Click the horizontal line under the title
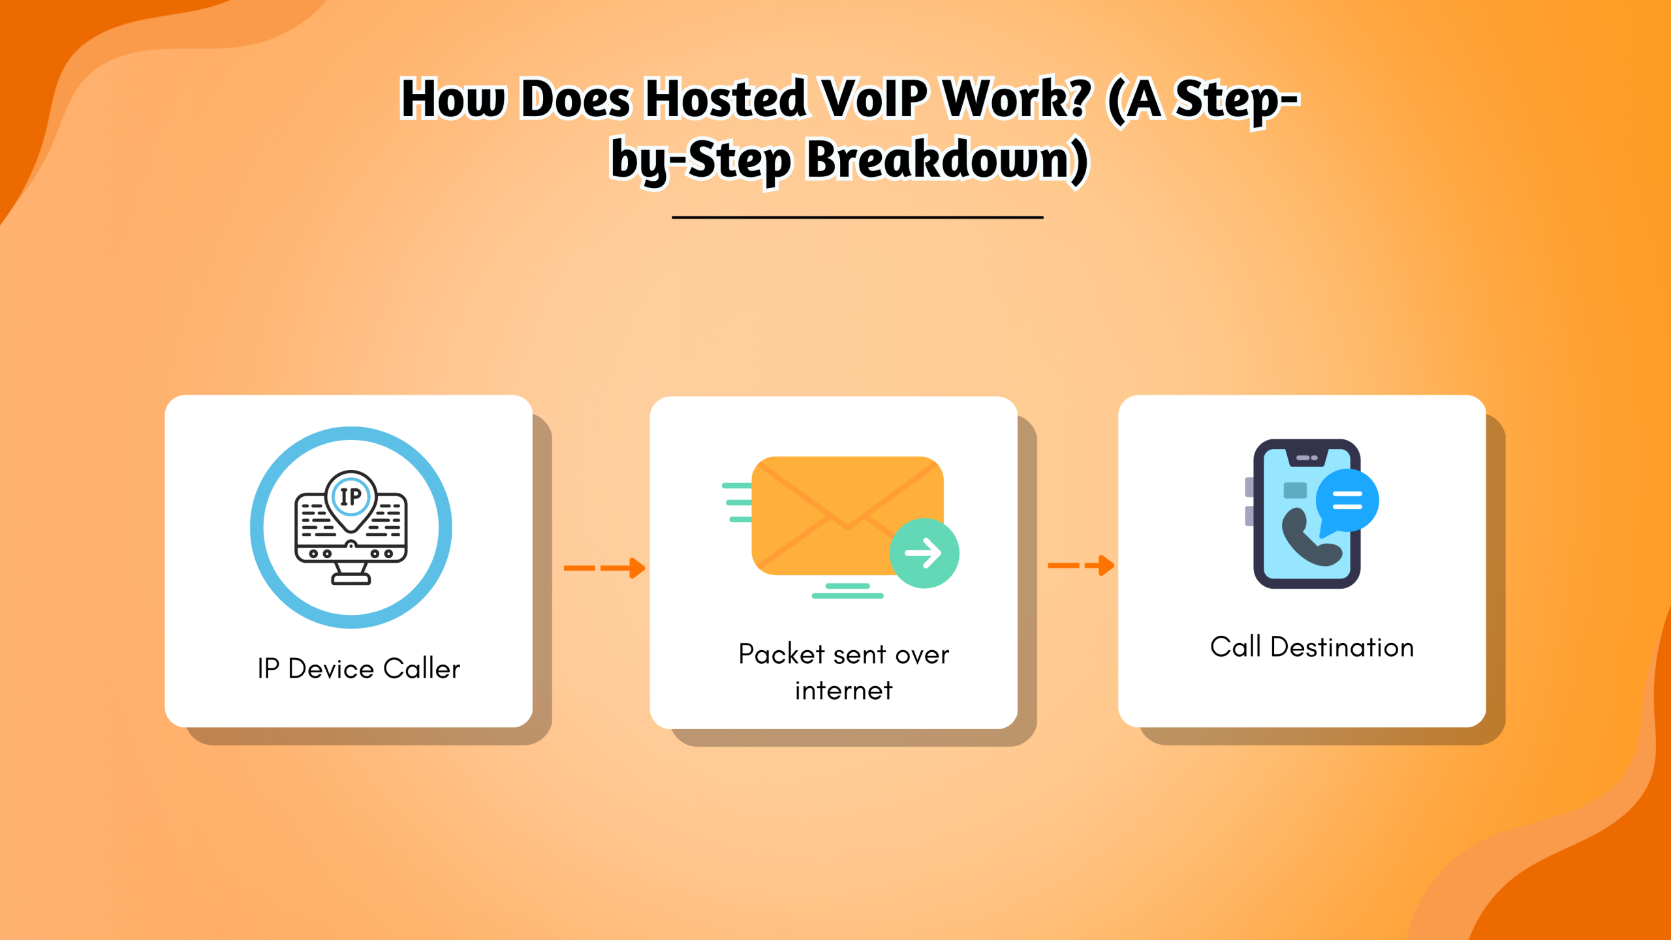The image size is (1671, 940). click(857, 217)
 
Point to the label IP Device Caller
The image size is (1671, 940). click(358, 669)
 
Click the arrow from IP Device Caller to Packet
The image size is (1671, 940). click(604, 568)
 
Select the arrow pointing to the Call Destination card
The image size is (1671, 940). click(1081, 565)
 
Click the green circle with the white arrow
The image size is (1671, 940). click(924, 553)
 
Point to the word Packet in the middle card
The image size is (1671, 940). click(781, 654)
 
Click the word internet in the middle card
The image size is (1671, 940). click(843, 691)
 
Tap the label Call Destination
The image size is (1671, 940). click(1312, 648)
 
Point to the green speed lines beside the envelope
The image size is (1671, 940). click(738, 503)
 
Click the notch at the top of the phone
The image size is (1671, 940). click(1307, 458)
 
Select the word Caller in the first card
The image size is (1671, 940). click(422, 669)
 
